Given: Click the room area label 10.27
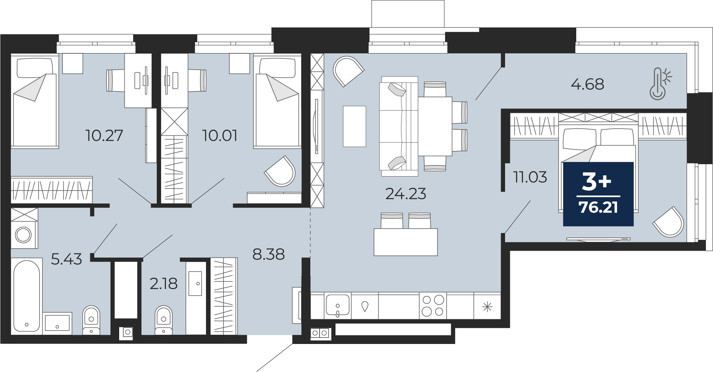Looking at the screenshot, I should pyautogui.click(x=104, y=136).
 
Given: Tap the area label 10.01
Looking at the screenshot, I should pyautogui.click(x=220, y=136).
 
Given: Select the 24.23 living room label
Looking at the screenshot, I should pyautogui.click(x=405, y=194).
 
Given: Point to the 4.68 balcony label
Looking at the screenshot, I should pyautogui.click(x=587, y=84).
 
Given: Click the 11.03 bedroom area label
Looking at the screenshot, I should pyautogui.click(x=530, y=177).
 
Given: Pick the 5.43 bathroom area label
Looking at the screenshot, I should pyautogui.click(x=66, y=259).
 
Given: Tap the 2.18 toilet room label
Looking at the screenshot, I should pyautogui.click(x=164, y=284).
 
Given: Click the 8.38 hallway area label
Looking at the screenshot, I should pyautogui.click(x=268, y=254).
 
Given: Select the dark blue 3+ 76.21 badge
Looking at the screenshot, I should pyautogui.click(x=598, y=194).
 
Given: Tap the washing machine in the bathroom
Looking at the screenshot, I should pyautogui.click(x=24, y=234).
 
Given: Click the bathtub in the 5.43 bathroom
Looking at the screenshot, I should pyautogui.click(x=26, y=296).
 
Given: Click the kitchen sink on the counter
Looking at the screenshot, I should pyautogui.click(x=338, y=306).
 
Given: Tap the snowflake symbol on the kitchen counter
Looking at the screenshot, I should pyautogui.click(x=487, y=307).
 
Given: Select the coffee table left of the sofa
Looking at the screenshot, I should pyautogui.click(x=354, y=126).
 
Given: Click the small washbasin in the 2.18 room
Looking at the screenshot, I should pyautogui.click(x=196, y=283).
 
